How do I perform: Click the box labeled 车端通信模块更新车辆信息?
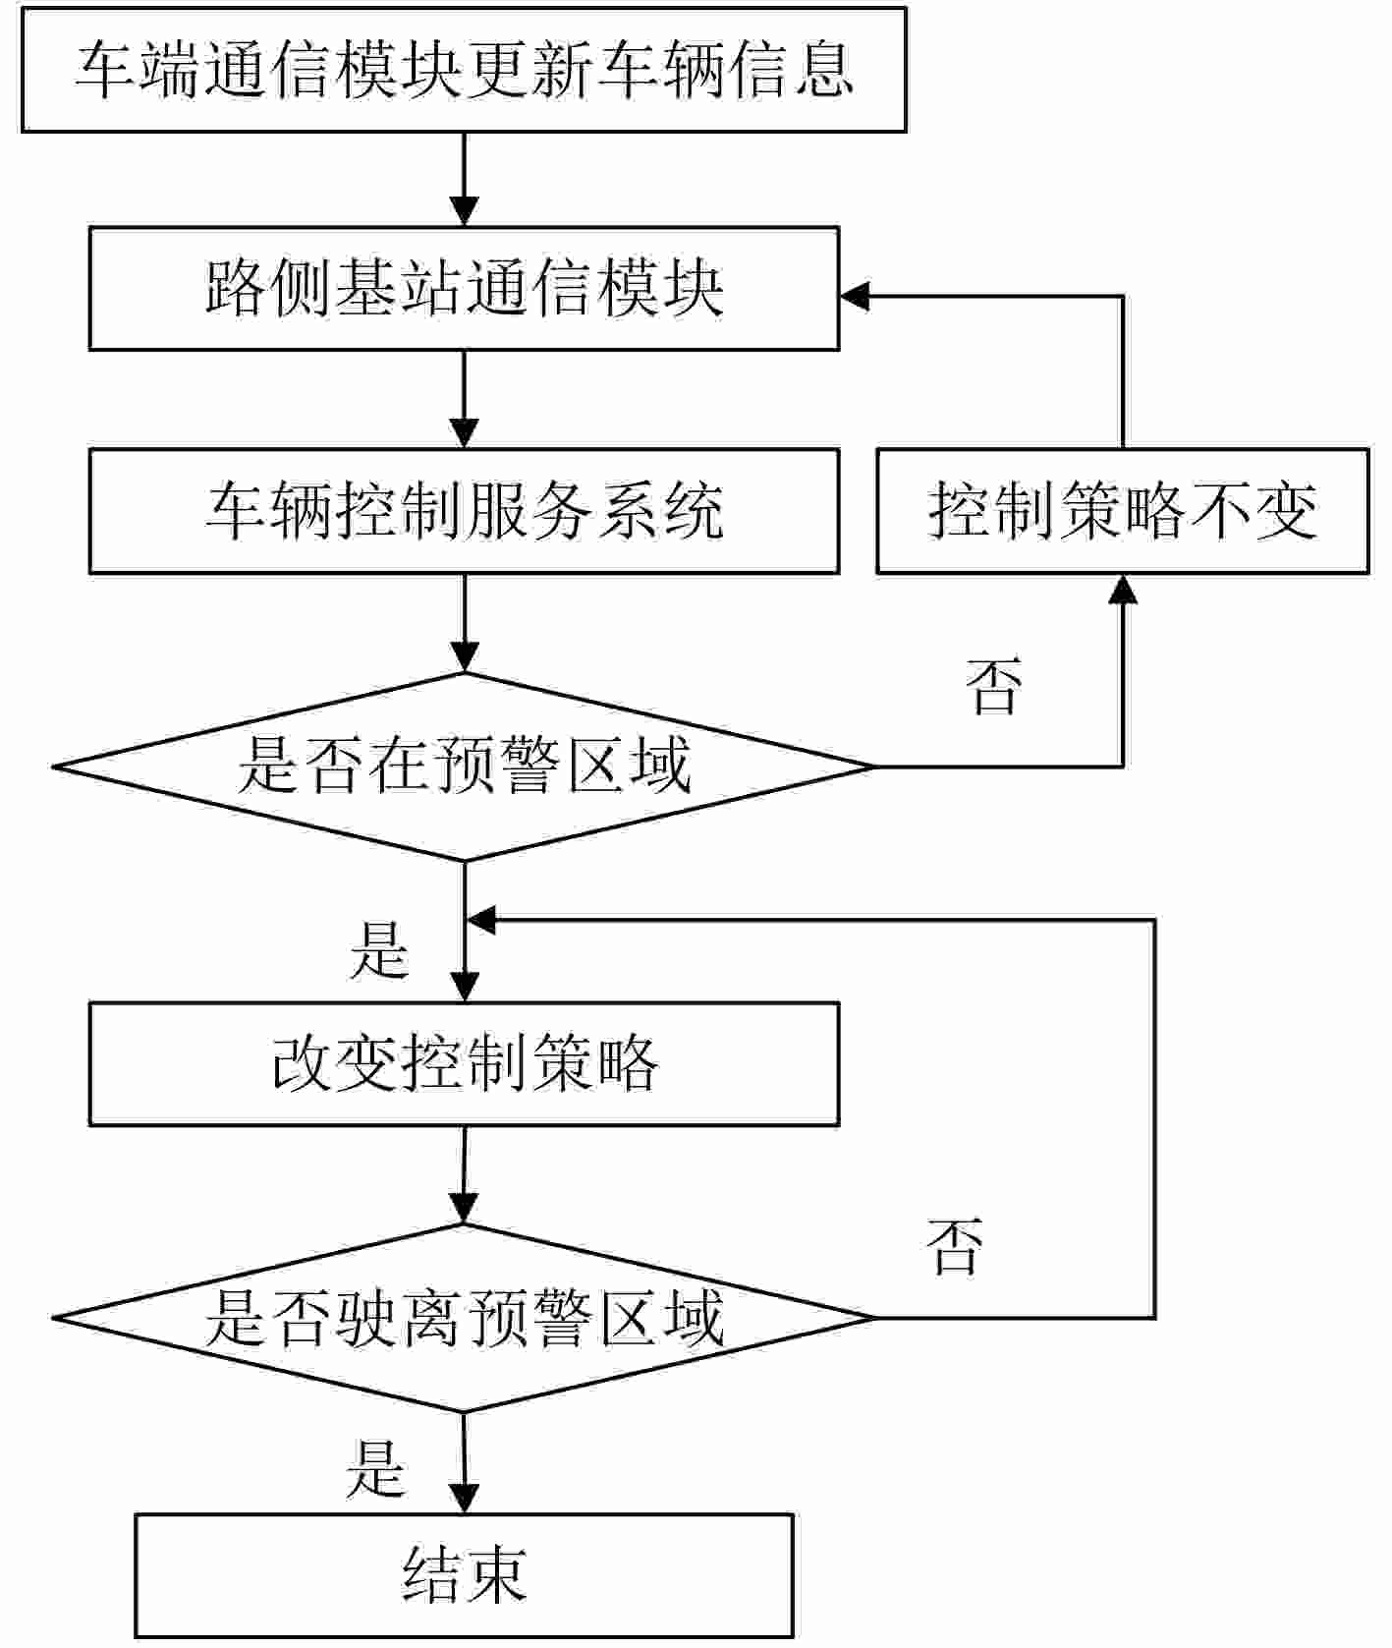[463, 70]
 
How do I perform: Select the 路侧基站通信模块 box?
[463, 289]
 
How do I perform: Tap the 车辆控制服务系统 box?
[463, 511]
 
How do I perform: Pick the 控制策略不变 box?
[1122, 511]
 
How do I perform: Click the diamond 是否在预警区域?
[463, 767]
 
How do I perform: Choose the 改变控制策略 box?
[463, 1063]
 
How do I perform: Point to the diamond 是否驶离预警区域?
[463, 1318]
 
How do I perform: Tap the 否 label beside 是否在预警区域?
[993, 686]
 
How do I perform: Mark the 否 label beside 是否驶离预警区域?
[954, 1246]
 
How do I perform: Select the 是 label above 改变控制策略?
[379, 950]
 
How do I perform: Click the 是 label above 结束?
[375, 1468]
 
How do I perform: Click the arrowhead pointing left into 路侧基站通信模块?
[855, 296]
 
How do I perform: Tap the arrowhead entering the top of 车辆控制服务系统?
[464, 434]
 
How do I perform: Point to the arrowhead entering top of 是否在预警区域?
[464, 656]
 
